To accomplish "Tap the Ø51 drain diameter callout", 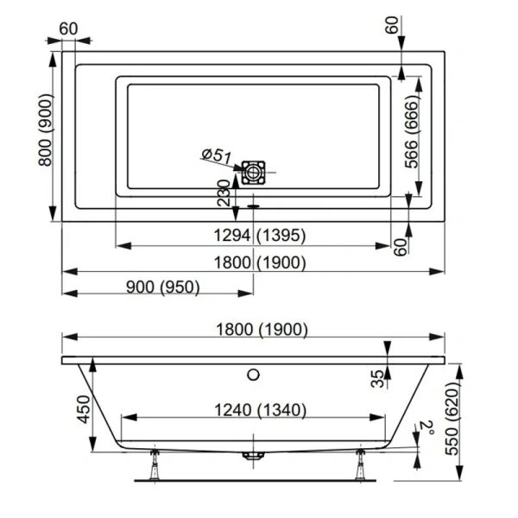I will (216, 155).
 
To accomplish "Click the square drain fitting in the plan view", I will (254, 173).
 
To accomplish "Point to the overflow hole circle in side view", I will (253, 375).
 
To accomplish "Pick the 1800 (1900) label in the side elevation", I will (255, 329).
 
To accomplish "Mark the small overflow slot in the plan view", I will (253, 205).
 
